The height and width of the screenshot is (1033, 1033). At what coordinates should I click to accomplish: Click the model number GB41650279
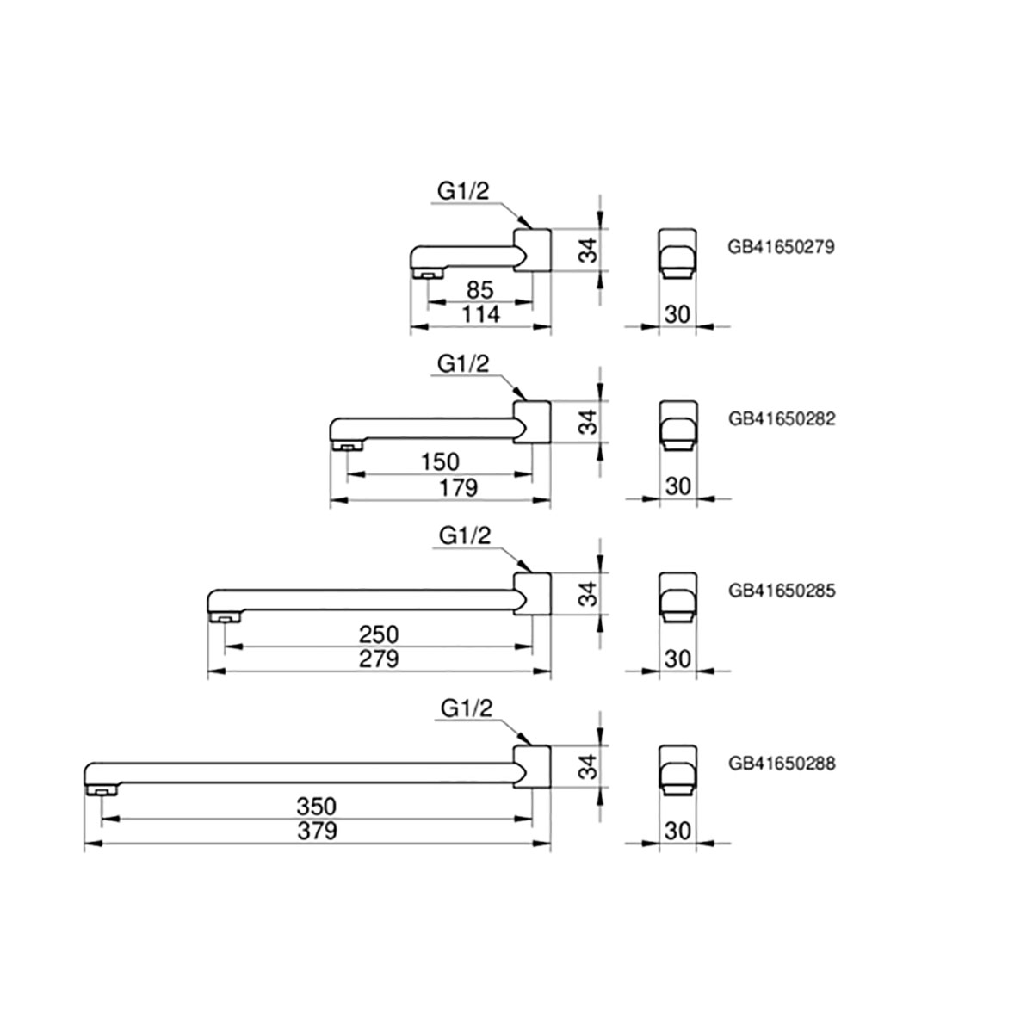tap(781, 247)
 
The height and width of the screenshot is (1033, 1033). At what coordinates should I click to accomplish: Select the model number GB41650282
tap(781, 419)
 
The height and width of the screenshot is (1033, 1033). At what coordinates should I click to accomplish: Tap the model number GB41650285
tap(781, 591)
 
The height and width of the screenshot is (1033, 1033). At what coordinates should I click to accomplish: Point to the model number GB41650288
tap(781, 763)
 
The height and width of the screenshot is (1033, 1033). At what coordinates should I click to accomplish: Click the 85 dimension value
tap(479, 290)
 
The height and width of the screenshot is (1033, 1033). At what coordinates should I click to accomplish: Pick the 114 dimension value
tap(479, 315)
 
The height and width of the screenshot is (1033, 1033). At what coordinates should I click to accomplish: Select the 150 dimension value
tap(441, 462)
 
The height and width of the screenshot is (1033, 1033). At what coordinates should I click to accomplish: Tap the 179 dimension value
tap(458, 487)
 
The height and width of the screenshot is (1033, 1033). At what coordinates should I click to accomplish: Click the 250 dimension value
tap(379, 634)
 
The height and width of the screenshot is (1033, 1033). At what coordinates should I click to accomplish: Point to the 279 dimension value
tap(379, 659)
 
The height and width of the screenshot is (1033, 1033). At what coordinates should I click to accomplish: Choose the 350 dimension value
tap(316, 807)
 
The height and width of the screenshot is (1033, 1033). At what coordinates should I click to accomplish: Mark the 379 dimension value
tap(316, 832)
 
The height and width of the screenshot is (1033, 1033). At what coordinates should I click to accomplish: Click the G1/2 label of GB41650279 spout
tap(463, 192)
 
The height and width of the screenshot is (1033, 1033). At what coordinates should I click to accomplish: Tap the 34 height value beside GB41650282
tap(588, 423)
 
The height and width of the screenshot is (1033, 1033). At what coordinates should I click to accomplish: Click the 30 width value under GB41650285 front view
tap(678, 659)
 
